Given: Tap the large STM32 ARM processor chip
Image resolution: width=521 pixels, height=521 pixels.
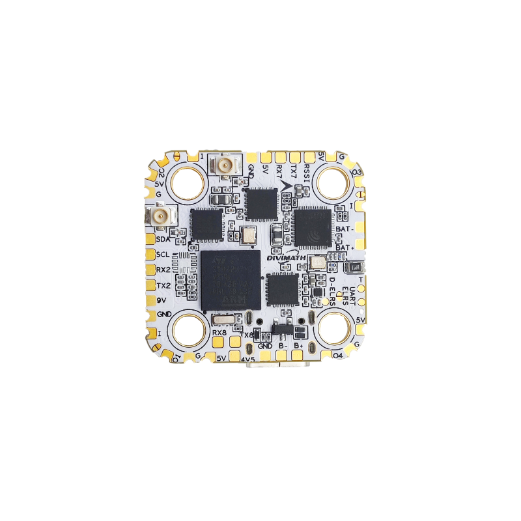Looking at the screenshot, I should click(230, 279).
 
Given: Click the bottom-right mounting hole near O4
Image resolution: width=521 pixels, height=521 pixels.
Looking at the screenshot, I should click(335, 329).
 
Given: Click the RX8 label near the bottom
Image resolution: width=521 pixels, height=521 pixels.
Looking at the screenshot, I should click(219, 332).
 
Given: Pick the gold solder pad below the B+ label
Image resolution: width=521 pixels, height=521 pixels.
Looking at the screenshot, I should click(298, 356).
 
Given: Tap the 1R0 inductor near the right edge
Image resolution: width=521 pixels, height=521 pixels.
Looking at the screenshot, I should click(355, 267).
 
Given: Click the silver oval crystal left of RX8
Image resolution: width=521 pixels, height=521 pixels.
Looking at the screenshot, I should click(221, 318).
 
